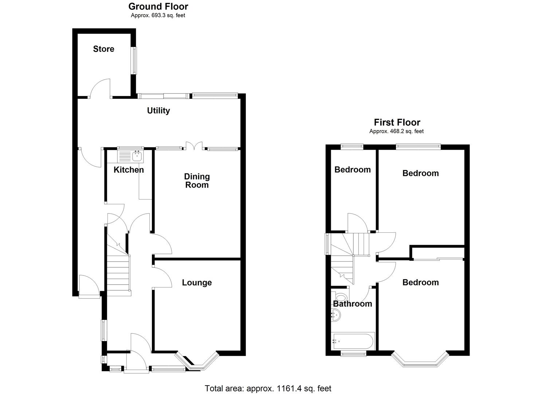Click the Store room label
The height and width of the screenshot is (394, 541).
[103, 49]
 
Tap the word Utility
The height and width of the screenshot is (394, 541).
[158, 111]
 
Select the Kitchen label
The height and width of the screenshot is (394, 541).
[129, 170]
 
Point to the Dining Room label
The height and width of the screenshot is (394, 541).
[197, 181]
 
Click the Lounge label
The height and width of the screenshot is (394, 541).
[197, 283]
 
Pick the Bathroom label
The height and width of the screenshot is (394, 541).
[352, 304]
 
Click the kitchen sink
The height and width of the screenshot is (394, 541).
[137, 157]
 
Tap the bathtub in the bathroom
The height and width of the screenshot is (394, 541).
[353, 341]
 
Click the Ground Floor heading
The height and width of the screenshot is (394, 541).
[158, 7]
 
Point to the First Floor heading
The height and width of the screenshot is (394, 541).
[397, 123]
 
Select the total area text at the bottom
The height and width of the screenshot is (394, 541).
[268, 389]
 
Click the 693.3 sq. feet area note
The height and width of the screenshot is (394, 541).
[158, 15]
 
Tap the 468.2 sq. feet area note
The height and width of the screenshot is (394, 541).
[397, 131]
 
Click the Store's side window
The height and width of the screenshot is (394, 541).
[134, 61]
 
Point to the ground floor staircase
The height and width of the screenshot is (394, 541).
[118, 272]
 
